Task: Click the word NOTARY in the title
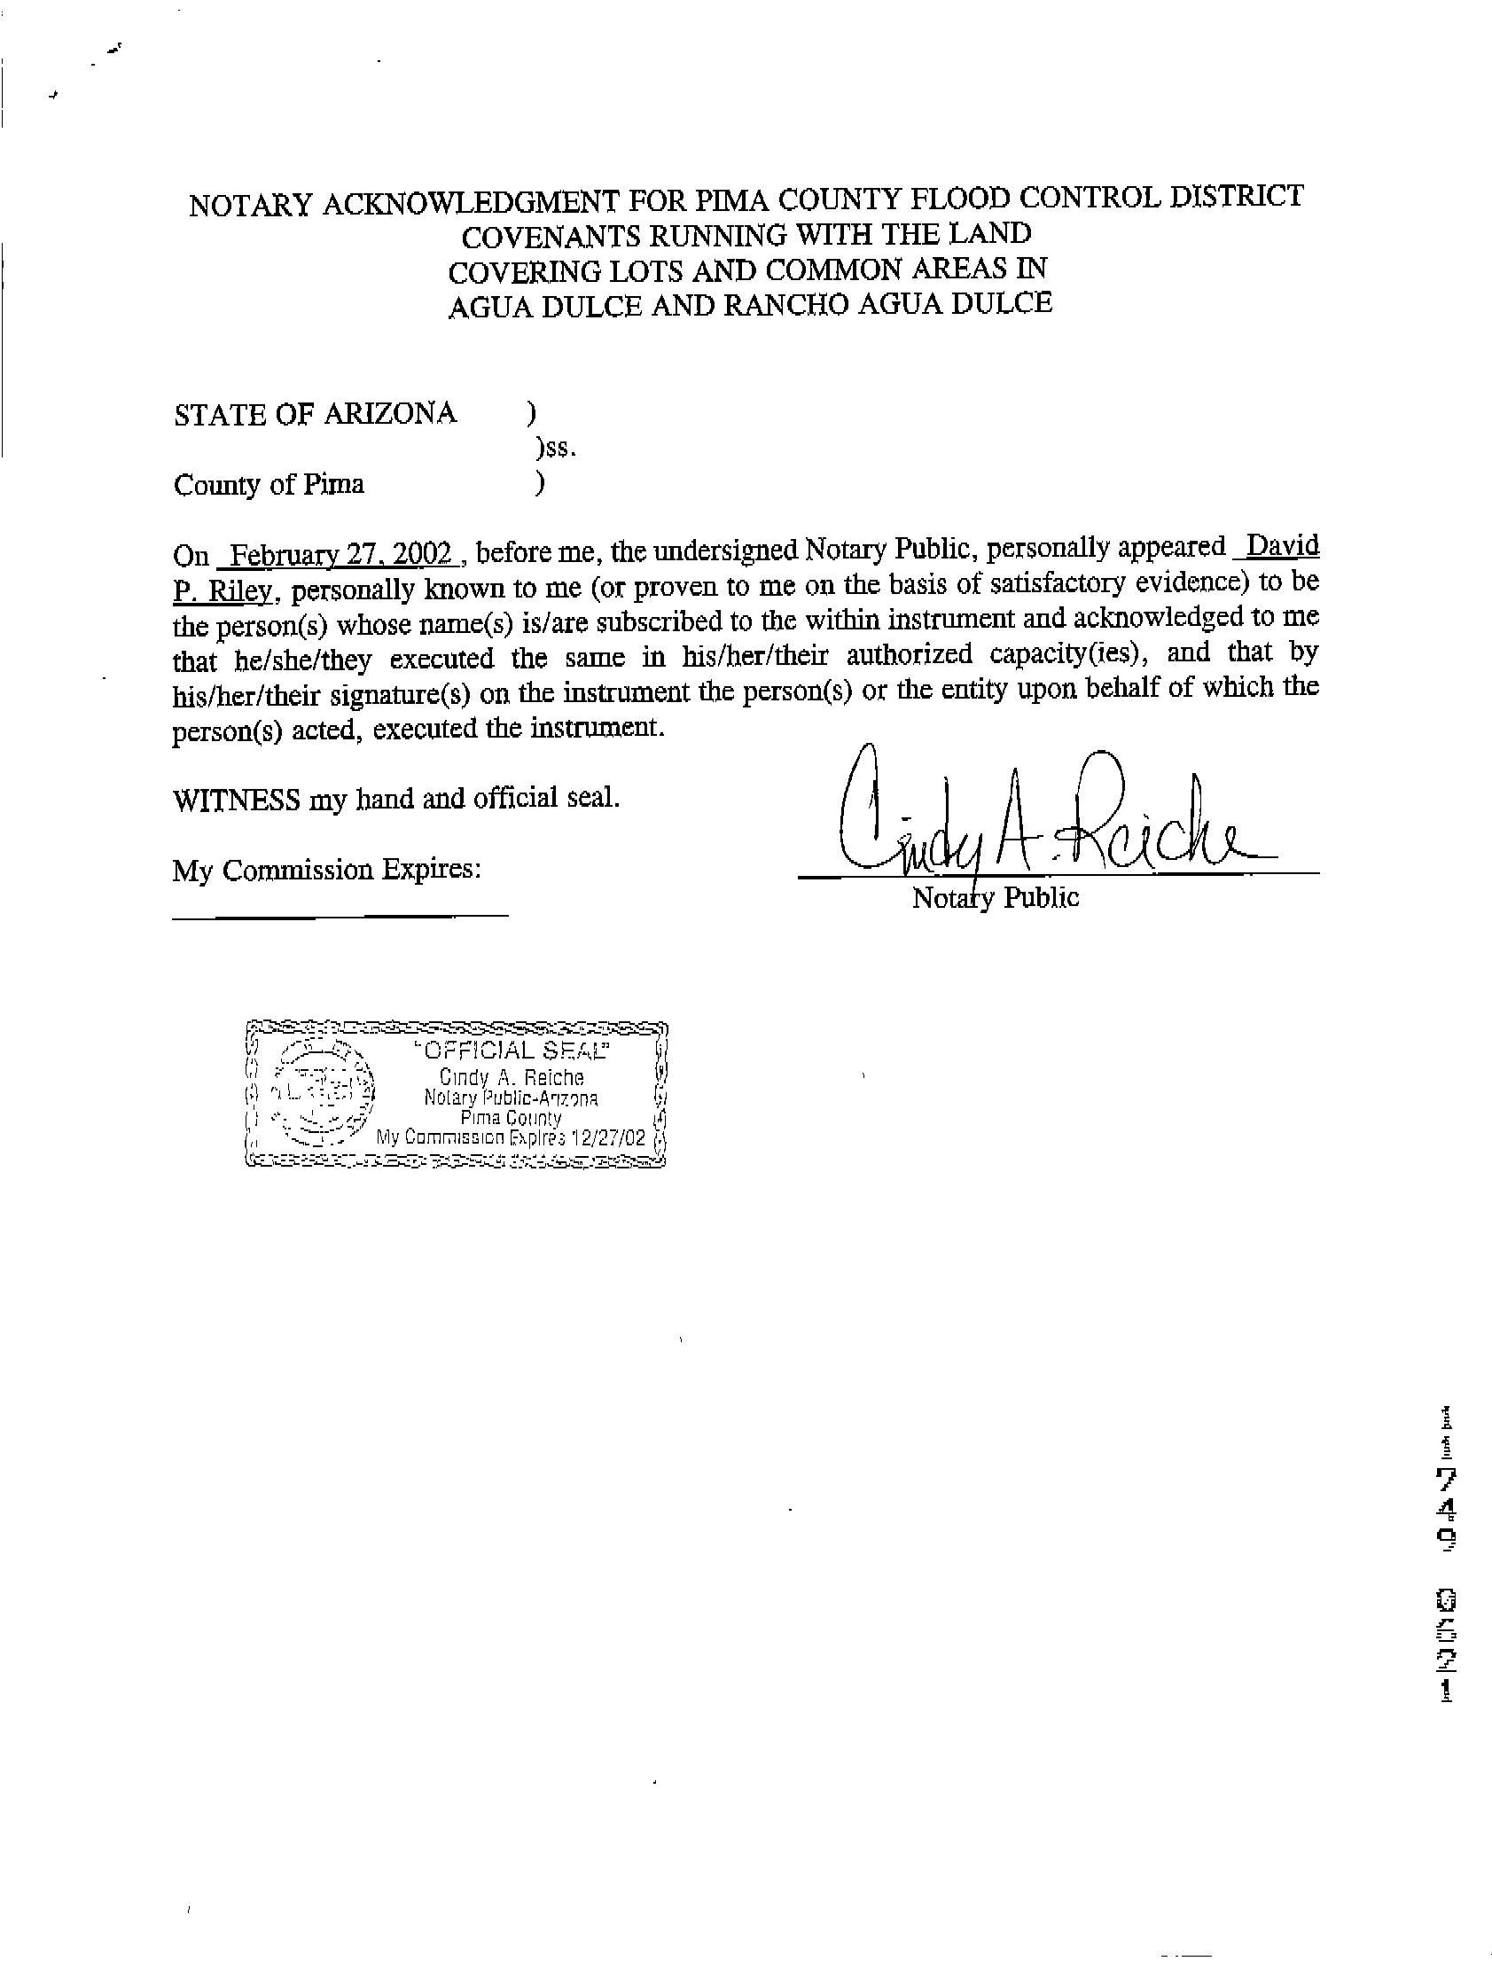[251, 205]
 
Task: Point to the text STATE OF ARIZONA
[316, 414]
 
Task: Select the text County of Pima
[269, 485]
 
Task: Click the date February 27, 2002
[341, 555]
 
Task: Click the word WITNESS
[236, 800]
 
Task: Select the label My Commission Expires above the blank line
[326, 870]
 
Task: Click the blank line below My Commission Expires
[340, 914]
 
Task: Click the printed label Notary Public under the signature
[996, 898]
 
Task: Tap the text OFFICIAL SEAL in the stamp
[513, 1051]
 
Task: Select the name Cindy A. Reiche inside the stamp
[512, 1078]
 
